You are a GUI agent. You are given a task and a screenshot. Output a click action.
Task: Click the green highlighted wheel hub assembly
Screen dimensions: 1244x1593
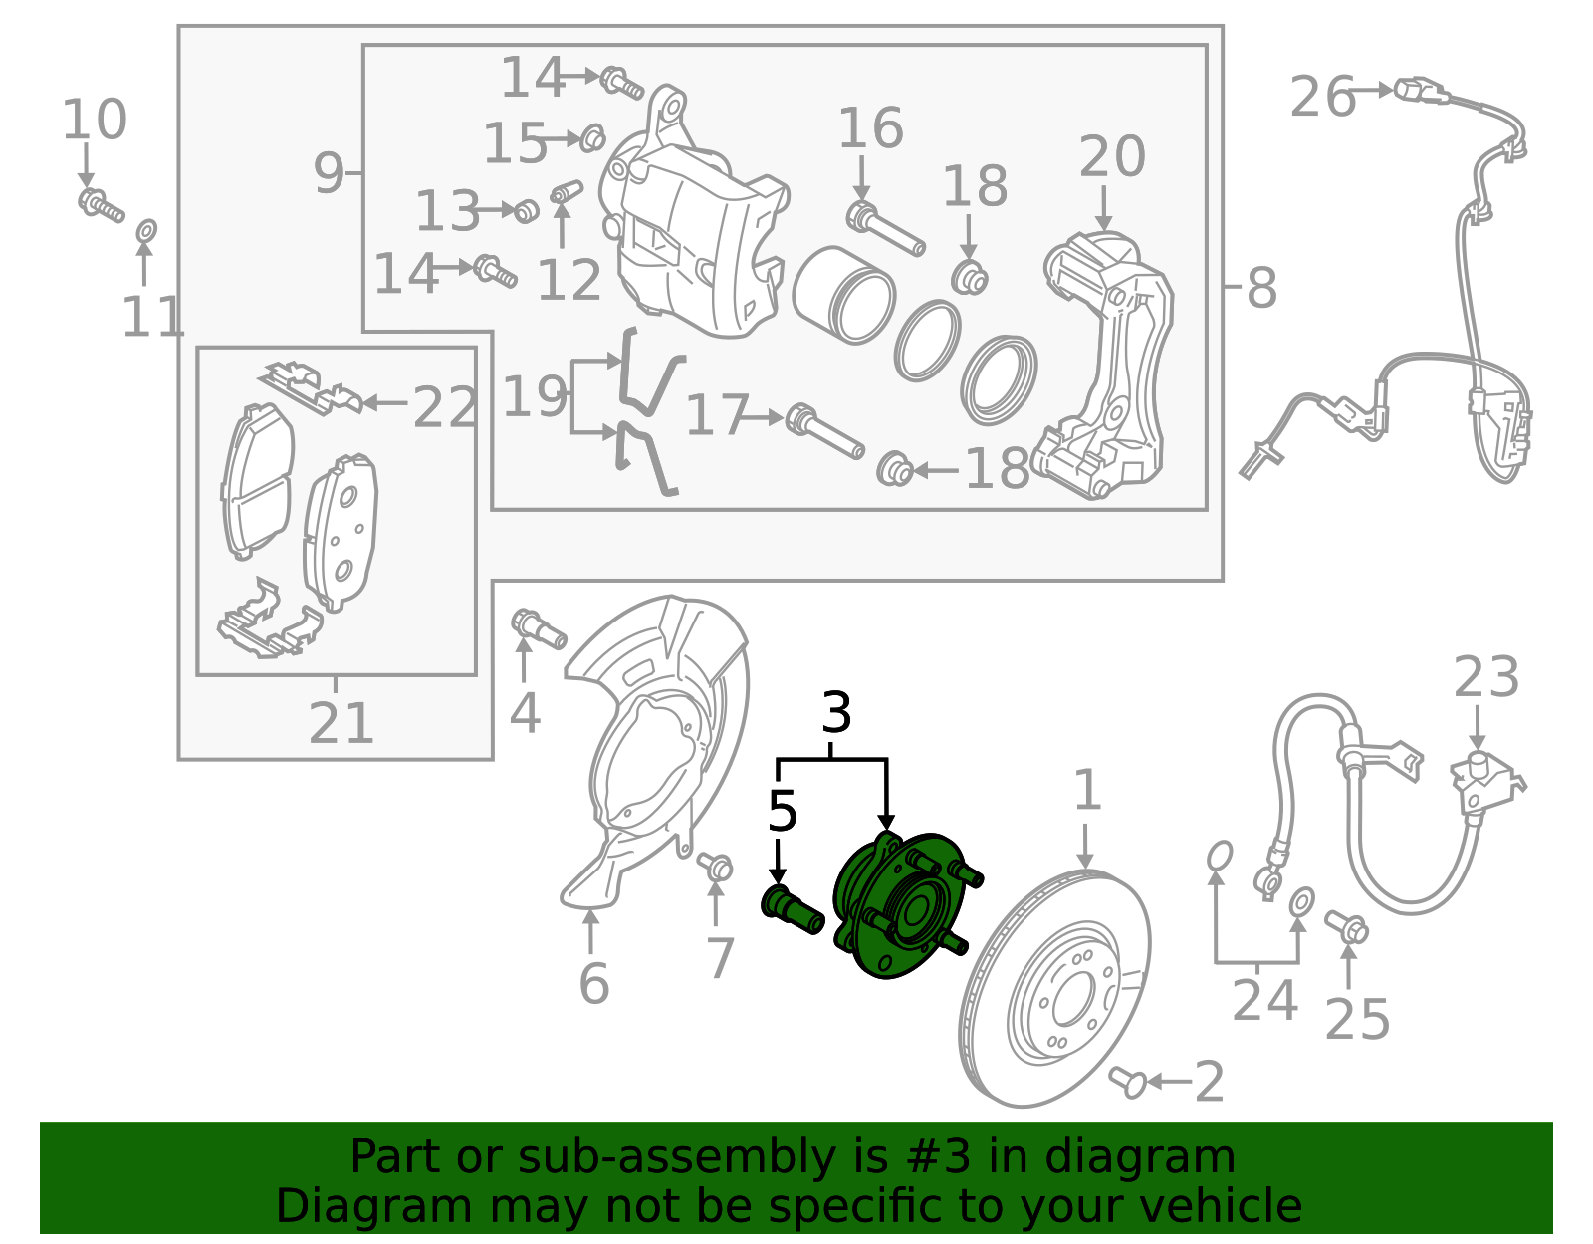(896, 906)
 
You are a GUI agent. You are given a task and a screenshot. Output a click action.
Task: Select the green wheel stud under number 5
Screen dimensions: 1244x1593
(793, 908)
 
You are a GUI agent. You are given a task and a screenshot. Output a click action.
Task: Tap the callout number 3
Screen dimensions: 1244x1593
(836, 713)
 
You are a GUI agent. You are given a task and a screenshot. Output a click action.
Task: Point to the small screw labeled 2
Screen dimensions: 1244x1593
(1130, 1080)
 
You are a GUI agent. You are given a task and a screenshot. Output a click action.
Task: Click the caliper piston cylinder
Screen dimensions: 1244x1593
(842, 295)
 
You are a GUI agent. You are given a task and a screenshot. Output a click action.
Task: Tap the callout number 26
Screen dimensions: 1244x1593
(1322, 98)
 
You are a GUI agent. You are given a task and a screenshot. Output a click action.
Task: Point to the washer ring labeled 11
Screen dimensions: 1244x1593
(145, 232)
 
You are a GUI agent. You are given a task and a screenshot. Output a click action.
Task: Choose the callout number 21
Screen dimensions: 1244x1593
(341, 723)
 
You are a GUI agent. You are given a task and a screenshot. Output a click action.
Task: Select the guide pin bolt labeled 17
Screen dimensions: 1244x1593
(824, 432)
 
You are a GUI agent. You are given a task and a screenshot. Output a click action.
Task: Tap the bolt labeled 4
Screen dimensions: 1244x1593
(538, 627)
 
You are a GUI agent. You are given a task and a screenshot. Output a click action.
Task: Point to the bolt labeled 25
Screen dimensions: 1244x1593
(1347, 928)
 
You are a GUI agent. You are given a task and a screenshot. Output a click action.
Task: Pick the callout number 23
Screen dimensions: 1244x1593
(1485, 679)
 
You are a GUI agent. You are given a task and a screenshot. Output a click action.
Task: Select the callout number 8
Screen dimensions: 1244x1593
(1260, 288)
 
